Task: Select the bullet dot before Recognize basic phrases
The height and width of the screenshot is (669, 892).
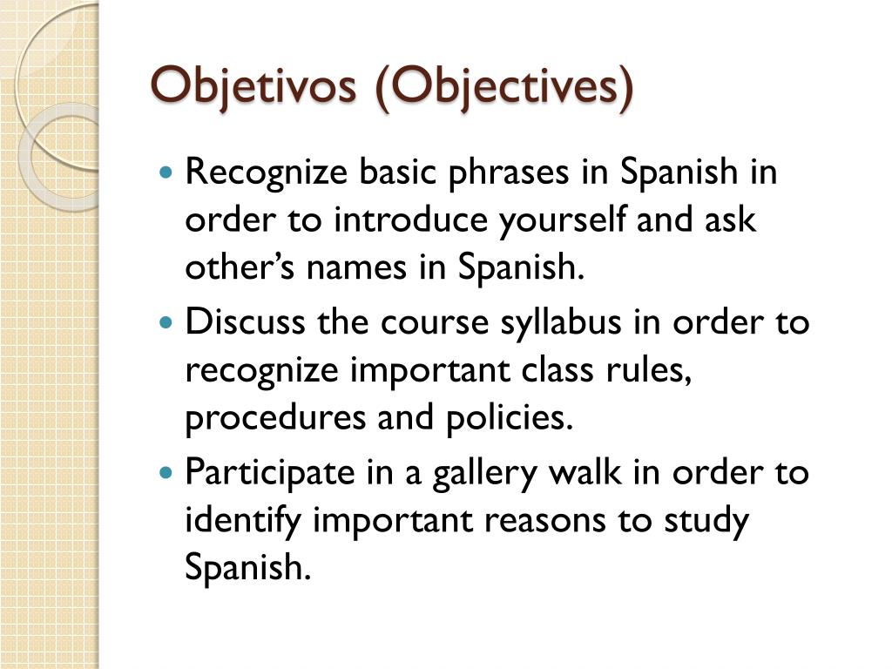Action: (168, 173)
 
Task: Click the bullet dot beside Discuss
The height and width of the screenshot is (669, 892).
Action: (168, 323)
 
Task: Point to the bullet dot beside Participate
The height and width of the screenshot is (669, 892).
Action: (168, 474)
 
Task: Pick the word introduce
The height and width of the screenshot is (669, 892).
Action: (412, 220)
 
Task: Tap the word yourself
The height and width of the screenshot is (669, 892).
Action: (564, 220)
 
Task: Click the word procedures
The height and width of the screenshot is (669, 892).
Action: (273, 419)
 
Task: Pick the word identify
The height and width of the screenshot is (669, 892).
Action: (243, 522)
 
